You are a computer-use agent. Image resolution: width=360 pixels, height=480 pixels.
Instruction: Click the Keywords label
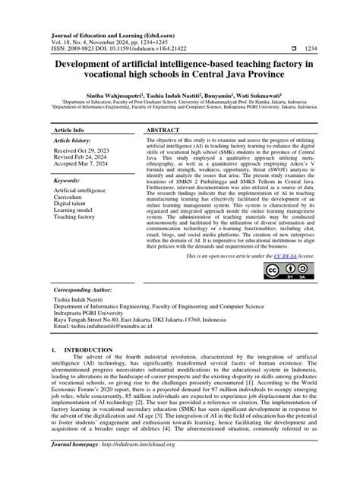(x=70, y=182)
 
